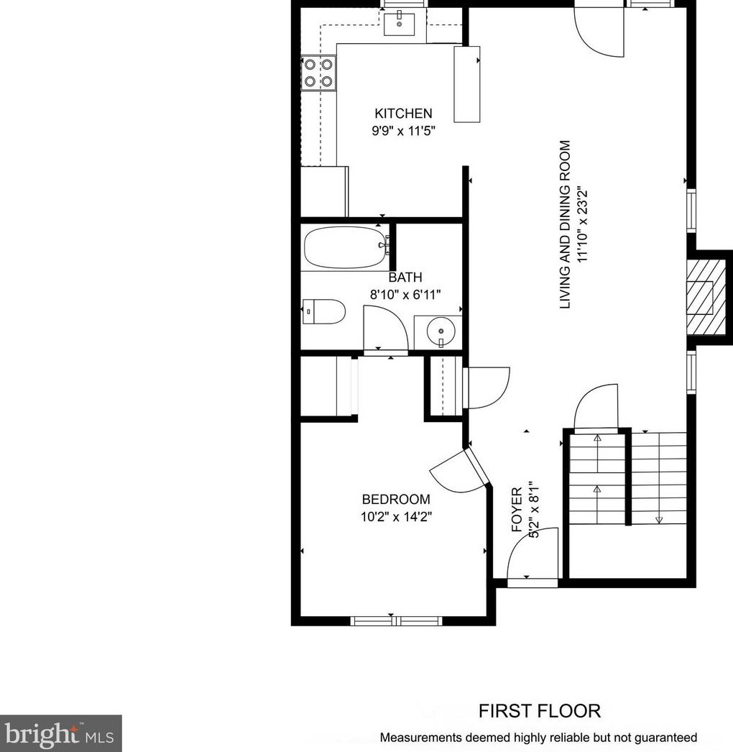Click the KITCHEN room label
[403, 114]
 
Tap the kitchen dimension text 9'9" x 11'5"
[404, 130]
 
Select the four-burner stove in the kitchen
[318, 73]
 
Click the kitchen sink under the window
[400, 24]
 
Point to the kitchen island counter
[467, 84]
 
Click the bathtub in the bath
[346, 247]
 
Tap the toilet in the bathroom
[323, 312]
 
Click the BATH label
[405, 278]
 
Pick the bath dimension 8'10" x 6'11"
[405, 295]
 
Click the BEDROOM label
[396, 500]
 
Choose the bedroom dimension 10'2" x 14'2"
[397, 517]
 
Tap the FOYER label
[517, 510]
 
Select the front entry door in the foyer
[533, 554]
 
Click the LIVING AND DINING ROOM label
[566, 224]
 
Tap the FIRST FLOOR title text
[539, 711]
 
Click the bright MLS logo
[60, 734]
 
